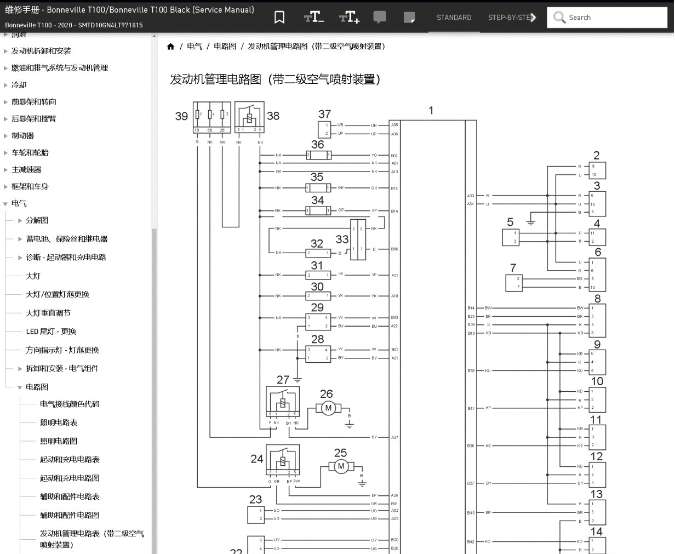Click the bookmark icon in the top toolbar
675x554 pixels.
[x=279, y=18]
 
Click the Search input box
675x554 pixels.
[x=614, y=18]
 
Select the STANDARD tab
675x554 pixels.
[x=454, y=18]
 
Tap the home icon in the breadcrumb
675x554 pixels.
[x=170, y=47]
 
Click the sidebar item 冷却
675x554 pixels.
[x=19, y=85]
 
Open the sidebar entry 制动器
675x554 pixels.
[x=23, y=135]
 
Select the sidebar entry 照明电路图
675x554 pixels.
[x=59, y=441]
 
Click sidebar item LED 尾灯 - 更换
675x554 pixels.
[x=51, y=332]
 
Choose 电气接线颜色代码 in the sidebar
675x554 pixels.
[x=70, y=404]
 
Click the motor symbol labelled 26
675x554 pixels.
[x=328, y=408]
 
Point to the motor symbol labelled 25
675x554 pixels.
[x=341, y=466]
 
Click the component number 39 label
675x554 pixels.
[x=181, y=116]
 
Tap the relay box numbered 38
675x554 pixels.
[x=249, y=117]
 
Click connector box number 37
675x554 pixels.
[x=324, y=129]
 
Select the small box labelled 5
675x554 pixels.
[x=511, y=237]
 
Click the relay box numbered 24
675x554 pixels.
[x=283, y=460]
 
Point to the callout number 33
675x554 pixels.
[x=342, y=239]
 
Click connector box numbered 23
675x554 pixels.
[x=256, y=515]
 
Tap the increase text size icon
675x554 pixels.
[x=349, y=18]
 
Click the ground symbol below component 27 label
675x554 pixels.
[x=298, y=379]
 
